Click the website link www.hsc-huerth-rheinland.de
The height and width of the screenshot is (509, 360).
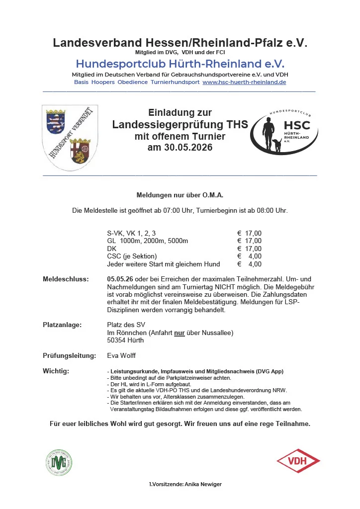(244, 82)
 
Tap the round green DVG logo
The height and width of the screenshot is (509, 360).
(59, 462)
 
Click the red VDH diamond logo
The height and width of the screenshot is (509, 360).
(298, 461)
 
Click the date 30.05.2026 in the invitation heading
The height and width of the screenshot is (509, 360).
(180, 148)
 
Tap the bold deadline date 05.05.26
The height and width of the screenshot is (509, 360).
(119, 279)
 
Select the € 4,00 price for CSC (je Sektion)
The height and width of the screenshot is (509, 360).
(249, 256)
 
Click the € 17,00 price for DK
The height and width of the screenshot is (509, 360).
(249, 249)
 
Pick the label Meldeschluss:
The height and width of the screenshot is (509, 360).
(66, 279)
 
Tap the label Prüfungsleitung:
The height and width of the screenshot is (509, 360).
(69, 356)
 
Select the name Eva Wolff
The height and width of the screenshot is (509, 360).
(121, 356)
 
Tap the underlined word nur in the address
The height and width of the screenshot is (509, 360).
(179, 333)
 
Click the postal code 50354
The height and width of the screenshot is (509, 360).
(117, 340)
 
